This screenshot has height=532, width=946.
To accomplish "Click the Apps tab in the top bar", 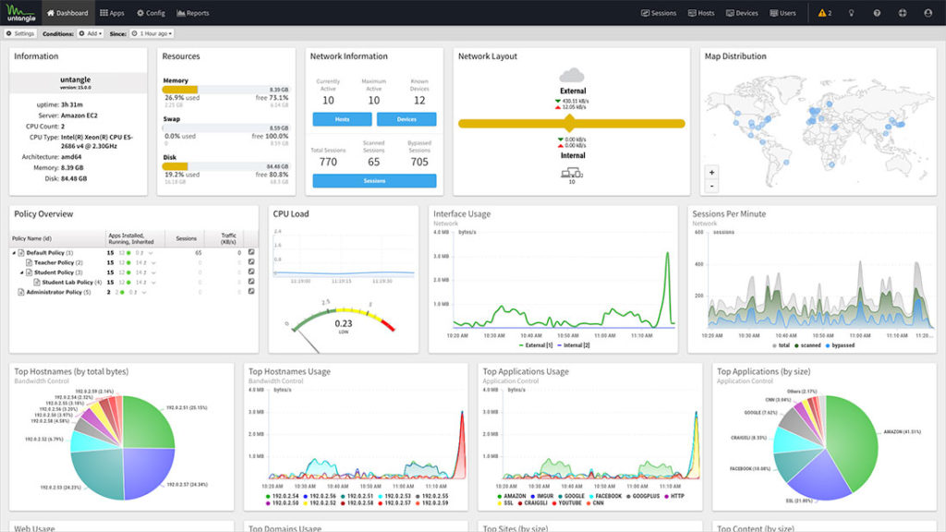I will [x=112, y=13].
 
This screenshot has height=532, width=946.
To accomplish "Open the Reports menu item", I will [x=192, y=13].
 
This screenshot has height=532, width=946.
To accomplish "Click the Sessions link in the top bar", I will [x=659, y=13].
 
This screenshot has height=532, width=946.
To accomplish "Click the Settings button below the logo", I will [x=20, y=33].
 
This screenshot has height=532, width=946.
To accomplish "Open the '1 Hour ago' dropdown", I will [x=152, y=33].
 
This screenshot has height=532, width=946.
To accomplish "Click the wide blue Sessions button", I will [x=374, y=181].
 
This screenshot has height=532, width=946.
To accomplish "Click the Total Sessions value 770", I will [x=328, y=162].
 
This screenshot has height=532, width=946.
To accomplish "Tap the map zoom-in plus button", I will [x=711, y=172].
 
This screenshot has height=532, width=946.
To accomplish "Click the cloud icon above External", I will [x=573, y=75].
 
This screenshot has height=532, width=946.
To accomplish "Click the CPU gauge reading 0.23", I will [x=343, y=323].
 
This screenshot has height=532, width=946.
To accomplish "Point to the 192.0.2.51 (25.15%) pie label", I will [x=185, y=406].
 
